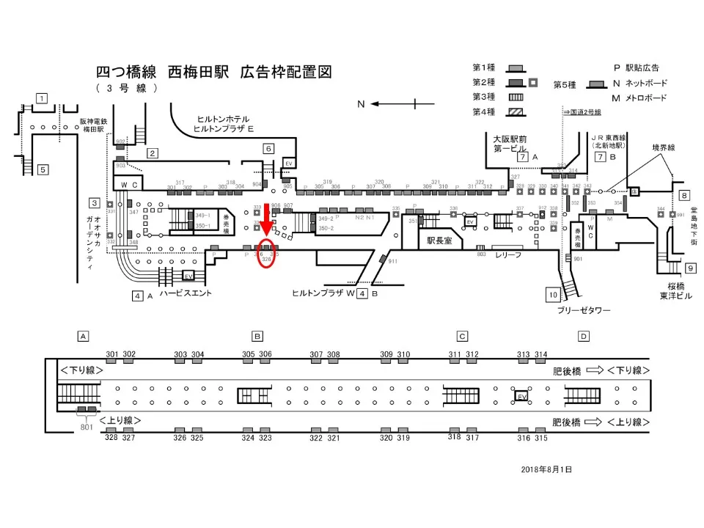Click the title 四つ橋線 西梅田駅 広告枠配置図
(214, 72)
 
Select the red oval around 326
(267, 254)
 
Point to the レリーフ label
(507, 254)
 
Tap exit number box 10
(553, 295)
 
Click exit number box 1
(43, 99)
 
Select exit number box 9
(689, 268)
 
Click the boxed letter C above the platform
(462, 337)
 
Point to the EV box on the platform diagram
(522, 396)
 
